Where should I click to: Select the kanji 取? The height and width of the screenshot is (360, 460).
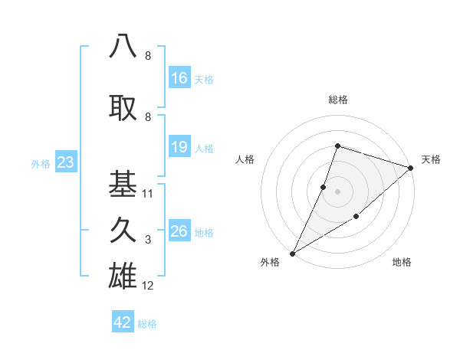point(123,106)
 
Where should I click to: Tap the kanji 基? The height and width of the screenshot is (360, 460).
point(123,183)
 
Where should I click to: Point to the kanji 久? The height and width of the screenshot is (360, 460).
point(123,230)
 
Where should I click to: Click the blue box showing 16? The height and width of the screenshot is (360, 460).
point(179,78)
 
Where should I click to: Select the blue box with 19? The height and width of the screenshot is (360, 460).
point(179,147)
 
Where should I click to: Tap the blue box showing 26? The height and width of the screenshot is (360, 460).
point(179,231)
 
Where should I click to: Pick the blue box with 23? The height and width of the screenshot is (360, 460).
point(64,162)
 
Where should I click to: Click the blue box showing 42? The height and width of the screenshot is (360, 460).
point(123,322)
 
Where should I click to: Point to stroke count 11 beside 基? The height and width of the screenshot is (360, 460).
point(148,194)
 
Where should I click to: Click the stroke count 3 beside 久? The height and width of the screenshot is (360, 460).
point(148,241)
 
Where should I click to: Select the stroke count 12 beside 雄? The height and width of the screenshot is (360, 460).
point(148,286)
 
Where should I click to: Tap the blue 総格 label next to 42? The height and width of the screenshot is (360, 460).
point(147,324)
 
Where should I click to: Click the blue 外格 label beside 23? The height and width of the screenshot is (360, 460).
point(41,164)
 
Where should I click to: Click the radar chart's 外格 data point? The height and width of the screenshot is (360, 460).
point(292,253)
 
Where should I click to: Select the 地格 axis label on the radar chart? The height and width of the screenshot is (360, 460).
point(402,263)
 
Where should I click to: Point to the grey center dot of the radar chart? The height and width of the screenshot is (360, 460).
point(337,191)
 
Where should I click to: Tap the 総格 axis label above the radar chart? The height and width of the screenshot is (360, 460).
point(337,100)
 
